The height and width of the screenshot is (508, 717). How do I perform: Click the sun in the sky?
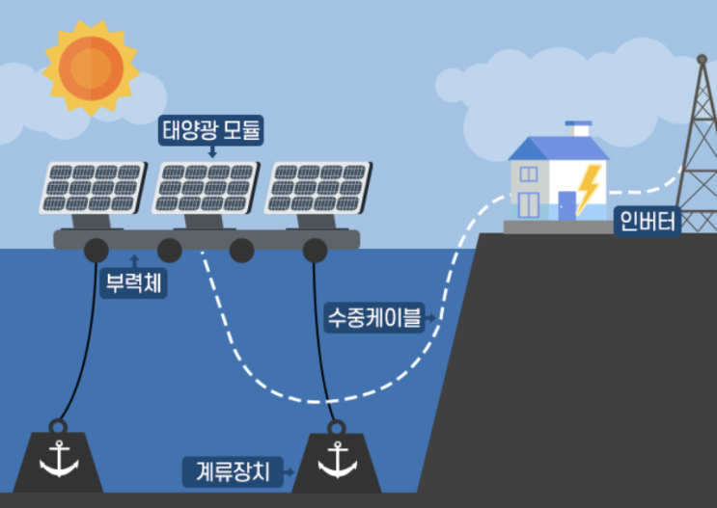pyautogui.click(x=91, y=67)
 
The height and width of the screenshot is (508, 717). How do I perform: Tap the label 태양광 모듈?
pyautogui.click(x=211, y=129)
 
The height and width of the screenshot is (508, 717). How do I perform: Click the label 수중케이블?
pyautogui.click(x=374, y=316)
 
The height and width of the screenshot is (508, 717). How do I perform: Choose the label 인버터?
pyautogui.click(x=648, y=223)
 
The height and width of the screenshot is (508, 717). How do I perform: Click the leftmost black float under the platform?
pyautogui.click(x=97, y=251)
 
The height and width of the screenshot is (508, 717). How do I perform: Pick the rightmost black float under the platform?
pyautogui.click(x=315, y=251)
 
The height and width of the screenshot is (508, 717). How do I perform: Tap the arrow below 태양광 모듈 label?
pyautogui.click(x=211, y=151)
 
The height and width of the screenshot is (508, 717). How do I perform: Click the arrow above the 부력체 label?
pyautogui.click(x=133, y=259)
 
